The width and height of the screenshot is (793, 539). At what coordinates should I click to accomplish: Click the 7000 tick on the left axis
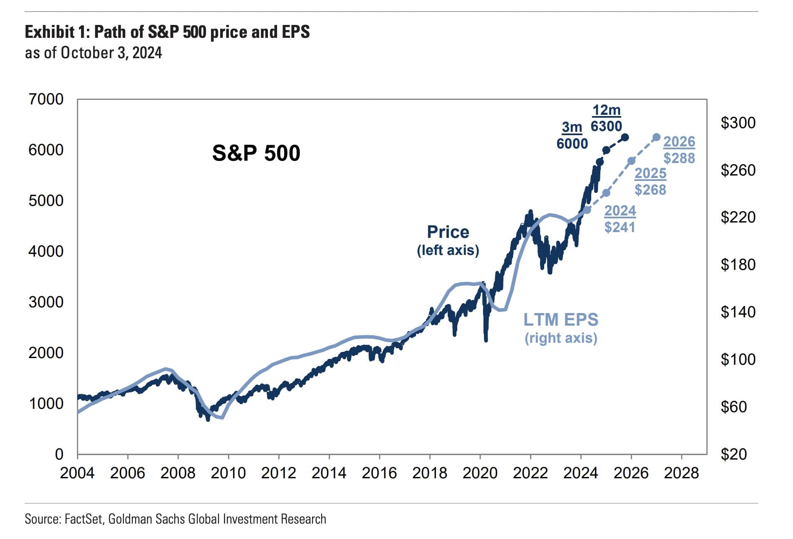(46, 99)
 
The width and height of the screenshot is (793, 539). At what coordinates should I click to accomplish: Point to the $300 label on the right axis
(738, 123)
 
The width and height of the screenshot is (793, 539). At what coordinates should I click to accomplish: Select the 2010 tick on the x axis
(228, 473)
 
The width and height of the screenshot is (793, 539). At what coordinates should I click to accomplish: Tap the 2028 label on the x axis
(681, 473)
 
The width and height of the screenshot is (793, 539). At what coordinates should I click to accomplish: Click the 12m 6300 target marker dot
(624, 137)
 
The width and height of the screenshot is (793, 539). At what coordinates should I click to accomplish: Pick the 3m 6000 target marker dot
(606, 150)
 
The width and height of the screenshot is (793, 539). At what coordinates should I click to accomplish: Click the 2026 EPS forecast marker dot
(657, 137)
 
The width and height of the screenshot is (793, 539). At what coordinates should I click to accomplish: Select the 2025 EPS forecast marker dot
(631, 161)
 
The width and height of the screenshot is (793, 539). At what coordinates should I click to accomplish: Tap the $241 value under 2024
(620, 227)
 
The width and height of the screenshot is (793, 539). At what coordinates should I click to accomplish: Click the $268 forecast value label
(650, 190)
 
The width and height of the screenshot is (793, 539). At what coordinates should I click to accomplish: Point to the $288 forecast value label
(679, 158)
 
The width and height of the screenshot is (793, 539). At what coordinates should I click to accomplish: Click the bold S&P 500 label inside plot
(256, 153)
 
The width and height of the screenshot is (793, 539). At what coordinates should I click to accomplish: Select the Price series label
(448, 232)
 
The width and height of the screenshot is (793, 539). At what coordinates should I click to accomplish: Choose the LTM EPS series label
(560, 320)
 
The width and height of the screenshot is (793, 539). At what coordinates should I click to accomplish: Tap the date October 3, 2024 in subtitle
(111, 53)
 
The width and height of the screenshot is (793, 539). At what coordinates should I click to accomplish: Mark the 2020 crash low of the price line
(486, 340)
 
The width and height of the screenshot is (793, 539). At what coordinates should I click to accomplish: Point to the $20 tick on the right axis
(734, 454)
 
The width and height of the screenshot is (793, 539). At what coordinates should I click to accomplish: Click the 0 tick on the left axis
(59, 454)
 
